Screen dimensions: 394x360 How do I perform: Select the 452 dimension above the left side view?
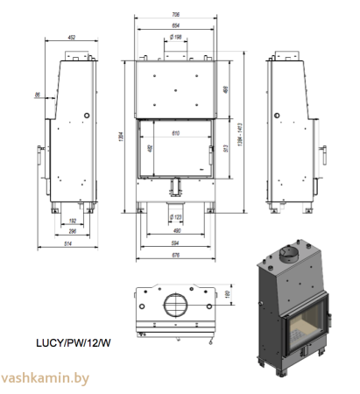pos(72,37)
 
